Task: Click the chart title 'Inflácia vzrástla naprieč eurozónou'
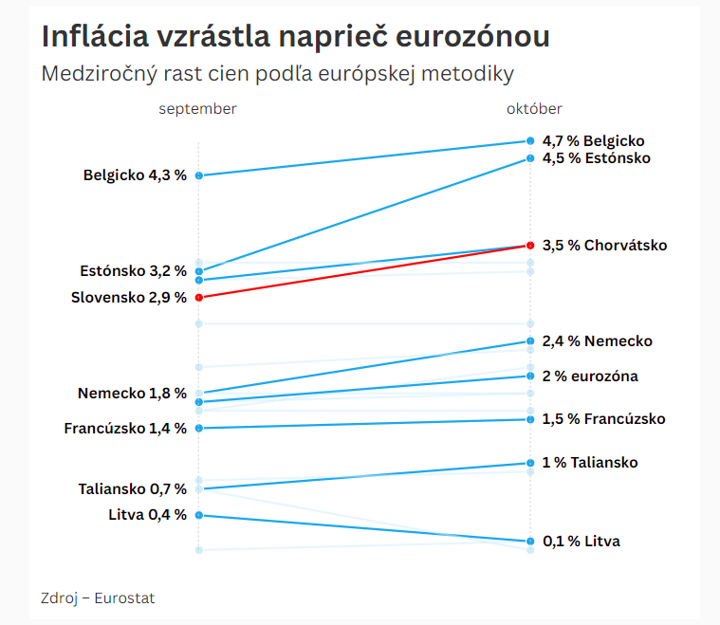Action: pos(295,37)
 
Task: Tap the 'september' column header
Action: pos(197,109)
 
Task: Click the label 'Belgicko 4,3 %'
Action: pos(135,175)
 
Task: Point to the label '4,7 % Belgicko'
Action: pos(593,140)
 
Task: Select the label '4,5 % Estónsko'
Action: pos(596,158)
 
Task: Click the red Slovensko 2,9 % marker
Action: pos(198,297)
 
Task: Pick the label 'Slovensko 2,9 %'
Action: pos(129,298)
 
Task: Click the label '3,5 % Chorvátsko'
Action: pos(604,246)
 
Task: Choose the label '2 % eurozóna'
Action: pos(589,377)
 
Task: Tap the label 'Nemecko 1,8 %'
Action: pos(132,394)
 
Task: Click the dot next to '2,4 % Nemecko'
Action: pos(530,341)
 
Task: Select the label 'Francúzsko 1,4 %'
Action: pos(125,429)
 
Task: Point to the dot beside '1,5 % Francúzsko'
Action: pos(530,419)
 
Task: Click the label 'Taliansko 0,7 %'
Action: pos(132,489)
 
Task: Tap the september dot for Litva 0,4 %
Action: pos(198,515)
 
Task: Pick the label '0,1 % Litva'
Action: pos(581,542)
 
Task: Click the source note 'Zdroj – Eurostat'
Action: pos(98,598)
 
